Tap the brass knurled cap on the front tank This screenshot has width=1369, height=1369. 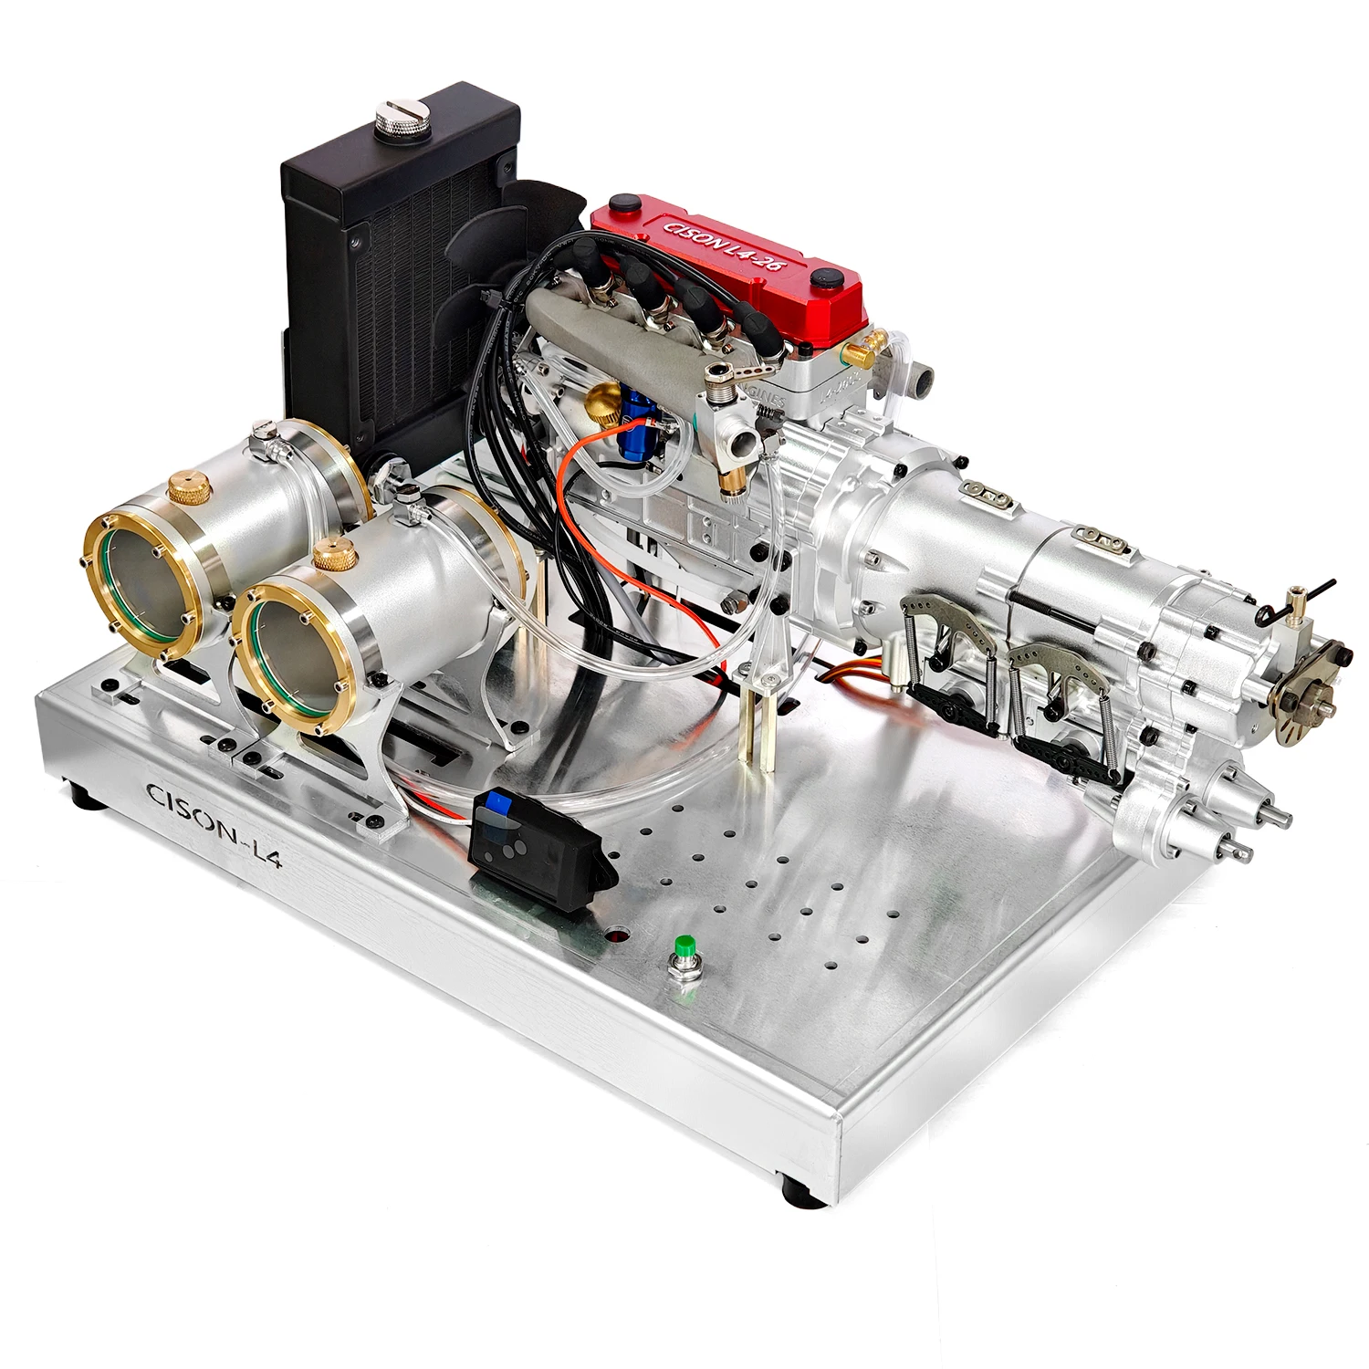333,554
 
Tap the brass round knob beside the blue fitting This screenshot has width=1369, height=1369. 602,399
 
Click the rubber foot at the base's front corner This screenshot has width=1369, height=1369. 794,1191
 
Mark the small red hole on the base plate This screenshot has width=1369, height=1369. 620,936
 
